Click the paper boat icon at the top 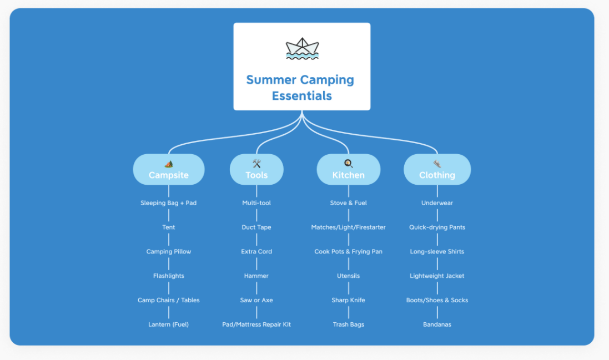(302, 48)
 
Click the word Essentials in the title (302, 96)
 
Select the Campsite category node (169, 170)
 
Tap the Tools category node (256, 170)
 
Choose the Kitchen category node (349, 170)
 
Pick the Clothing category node (437, 170)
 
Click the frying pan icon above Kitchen (349, 164)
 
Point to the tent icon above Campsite (169, 164)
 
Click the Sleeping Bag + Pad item (169, 203)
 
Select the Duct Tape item (256, 227)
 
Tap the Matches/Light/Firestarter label (349, 227)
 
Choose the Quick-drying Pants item (437, 227)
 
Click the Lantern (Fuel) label (169, 324)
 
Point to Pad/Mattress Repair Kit (256, 324)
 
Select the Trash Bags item (349, 324)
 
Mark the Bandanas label (437, 324)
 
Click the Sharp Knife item (349, 300)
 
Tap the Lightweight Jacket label (437, 276)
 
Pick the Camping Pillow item (169, 252)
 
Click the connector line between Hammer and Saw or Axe (256, 288)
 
